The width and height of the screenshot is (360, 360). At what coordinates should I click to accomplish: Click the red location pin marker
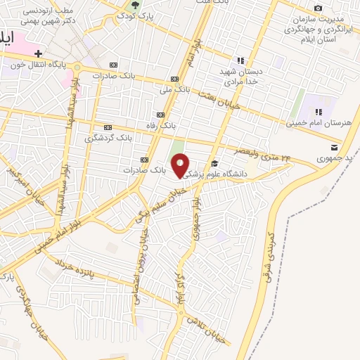(x=181, y=166)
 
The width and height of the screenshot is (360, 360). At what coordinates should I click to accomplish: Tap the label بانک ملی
(x=175, y=89)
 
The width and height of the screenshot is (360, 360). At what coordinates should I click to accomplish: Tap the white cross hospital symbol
(x=38, y=53)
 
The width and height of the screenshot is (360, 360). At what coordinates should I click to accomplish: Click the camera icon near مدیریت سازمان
(x=318, y=8)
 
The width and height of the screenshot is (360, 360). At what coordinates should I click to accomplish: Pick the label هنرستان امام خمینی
(x=318, y=123)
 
